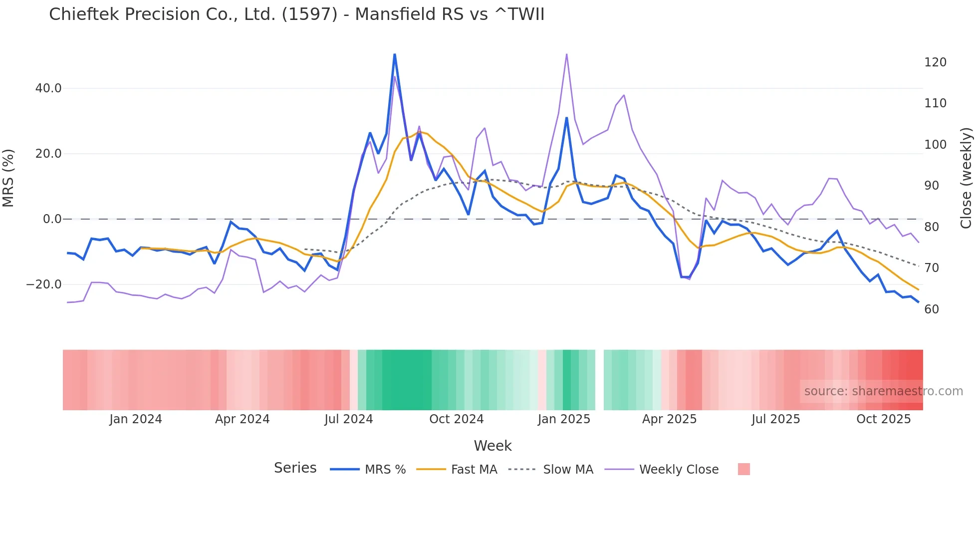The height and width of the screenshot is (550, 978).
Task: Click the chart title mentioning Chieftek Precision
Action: tap(296, 14)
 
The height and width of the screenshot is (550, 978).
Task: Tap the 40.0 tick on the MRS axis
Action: tap(48, 88)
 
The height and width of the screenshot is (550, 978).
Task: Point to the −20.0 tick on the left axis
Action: tap(44, 284)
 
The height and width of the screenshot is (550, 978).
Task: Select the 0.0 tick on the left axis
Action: tap(52, 219)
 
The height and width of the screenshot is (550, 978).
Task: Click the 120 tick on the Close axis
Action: tap(935, 62)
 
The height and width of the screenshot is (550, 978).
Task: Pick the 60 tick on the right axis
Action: tap(932, 309)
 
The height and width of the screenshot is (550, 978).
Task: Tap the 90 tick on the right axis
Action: tap(932, 186)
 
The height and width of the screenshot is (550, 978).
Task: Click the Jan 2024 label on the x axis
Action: tap(136, 419)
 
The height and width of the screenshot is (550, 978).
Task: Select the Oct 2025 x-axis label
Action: tap(883, 419)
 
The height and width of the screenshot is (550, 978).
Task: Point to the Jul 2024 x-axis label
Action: tap(348, 419)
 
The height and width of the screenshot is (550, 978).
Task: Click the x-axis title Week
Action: tap(492, 446)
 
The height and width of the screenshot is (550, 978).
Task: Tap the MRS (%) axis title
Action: tap(8, 178)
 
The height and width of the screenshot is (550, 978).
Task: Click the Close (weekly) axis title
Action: tap(967, 178)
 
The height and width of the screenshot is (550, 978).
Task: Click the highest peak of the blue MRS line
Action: tap(395, 54)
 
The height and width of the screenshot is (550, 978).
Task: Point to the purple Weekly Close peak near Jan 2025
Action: tap(567, 54)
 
